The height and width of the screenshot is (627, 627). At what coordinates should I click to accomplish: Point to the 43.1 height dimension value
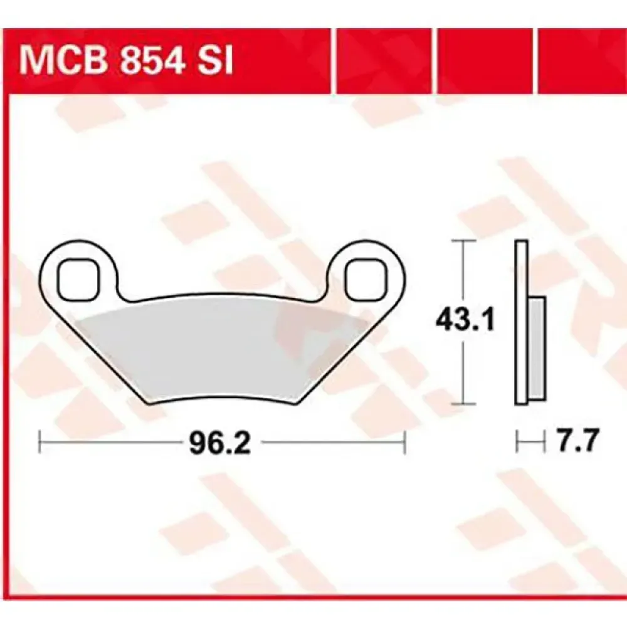465,320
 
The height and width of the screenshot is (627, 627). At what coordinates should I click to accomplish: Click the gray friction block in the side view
537,348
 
